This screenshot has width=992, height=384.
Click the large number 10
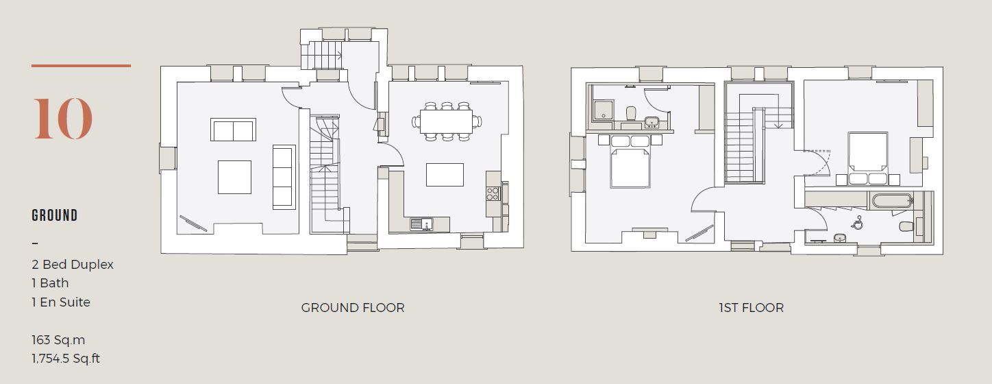coord(62,119)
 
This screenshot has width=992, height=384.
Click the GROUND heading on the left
coord(55,215)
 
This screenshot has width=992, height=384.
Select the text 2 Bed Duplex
coord(73,264)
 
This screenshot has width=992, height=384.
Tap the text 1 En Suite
coord(61,302)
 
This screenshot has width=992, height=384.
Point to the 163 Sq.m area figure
coord(58,339)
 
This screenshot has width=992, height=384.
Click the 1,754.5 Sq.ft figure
coord(66,358)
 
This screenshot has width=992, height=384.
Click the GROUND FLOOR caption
coord(353,307)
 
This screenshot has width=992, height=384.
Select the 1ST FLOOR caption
coord(751,307)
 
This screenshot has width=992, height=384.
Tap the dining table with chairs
coord(446,122)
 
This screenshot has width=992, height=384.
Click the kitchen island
coord(445,174)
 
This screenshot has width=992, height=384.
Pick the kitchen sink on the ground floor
coord(421,224)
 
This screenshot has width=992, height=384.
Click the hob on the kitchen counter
coord(493,193)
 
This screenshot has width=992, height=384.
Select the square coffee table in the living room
coord(234,177)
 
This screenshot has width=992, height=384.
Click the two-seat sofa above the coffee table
coord(233,130)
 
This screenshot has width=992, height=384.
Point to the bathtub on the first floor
coord(891,201)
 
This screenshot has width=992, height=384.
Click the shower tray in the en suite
coord(604,110)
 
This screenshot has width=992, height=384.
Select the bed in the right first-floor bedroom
coord(868,154)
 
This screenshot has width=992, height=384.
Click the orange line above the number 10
coord(81,66)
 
